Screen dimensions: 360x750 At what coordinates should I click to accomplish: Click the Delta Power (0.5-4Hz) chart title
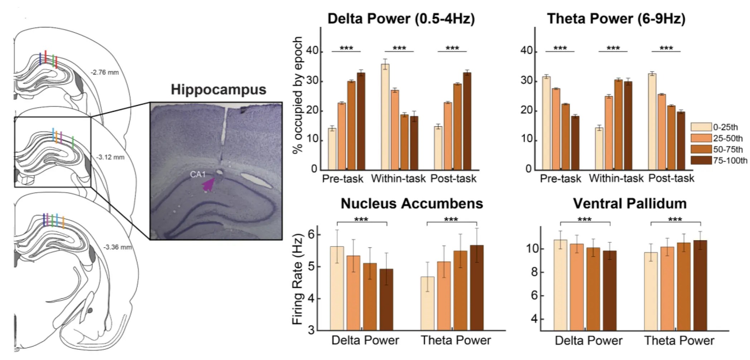pyautogui.click(x=401, y=19)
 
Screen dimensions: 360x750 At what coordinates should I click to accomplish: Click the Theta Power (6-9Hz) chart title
pyautogui.click(x=616, y=19)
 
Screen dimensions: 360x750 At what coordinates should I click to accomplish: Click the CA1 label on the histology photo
pyautogui.click(x=198, y=174)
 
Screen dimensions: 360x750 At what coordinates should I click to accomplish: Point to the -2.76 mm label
pyautogui.click(x=104, y=73)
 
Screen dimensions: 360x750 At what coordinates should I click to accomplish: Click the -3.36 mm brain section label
pyautogui.click(x=117, y=247)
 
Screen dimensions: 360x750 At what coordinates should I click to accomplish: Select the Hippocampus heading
pyautogui.click(x=218, y=89)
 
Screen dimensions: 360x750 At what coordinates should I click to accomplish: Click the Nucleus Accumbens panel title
pyautogui.click(x=411, y=204)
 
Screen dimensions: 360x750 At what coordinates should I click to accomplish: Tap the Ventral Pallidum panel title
pyautogui.click(x=630, y=204)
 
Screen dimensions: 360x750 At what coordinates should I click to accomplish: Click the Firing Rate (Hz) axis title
pyautogui.click(x=298, y=279)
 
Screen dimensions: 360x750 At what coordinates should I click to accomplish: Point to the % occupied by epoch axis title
pyautogui.click(x=298, y=95)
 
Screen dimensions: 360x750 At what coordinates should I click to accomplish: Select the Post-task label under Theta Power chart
pyautogui.click(x=671, y=178)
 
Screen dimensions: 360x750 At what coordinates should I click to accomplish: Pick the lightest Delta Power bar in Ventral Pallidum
pyautogui.click(x=560, y=285)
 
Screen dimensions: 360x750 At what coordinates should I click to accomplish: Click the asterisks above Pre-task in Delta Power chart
pyautogui.click(x=346, y=48)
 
